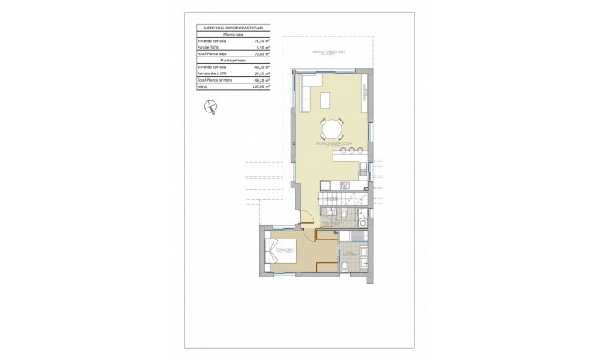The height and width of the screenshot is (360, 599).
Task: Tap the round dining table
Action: pyautogui.click(x=332, y=129)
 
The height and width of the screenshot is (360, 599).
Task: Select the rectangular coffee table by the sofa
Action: pyautogui.click(x=325, y=100)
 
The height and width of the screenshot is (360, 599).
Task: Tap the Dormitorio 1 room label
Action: pyautogui.click(x=285, y=252)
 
